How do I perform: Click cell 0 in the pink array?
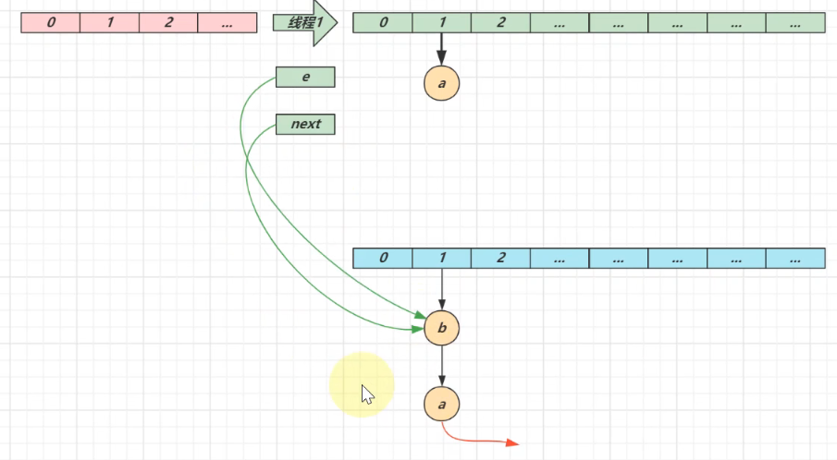tap(50, 22)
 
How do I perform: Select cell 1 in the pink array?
tap(109, 22)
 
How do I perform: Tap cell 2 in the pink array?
tap(168, 22)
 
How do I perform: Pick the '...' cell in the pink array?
tap(228, 22)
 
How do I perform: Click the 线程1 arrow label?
tap(302, 22)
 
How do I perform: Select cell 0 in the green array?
tap(382, 22)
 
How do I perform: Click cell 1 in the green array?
tap(441, 22)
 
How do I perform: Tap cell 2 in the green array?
tap(500, 22)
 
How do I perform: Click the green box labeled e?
tap(305, 78)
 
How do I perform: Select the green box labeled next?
tap(305, 124)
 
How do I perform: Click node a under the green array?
tap(441, 83)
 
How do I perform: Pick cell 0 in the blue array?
tap(382, 258)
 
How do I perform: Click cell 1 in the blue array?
tap(441, 258)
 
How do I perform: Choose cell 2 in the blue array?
tap(500, 258)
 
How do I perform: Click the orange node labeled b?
tap(442, 328)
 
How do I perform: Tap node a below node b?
tap(442, 404)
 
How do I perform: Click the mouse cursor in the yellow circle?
tap(367, 394)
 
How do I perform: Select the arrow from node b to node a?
tap(442, 366)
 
